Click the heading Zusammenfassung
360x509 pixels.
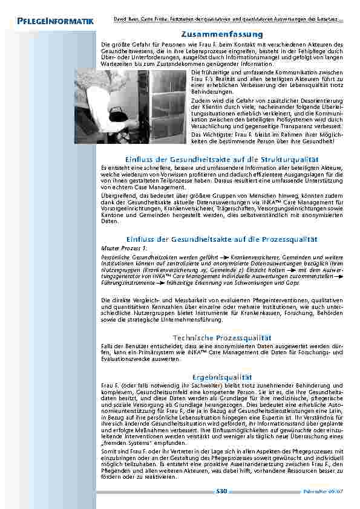pos(222,35)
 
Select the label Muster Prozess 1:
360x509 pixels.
pos(124,248)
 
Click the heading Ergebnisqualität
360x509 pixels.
pos(222,376)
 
